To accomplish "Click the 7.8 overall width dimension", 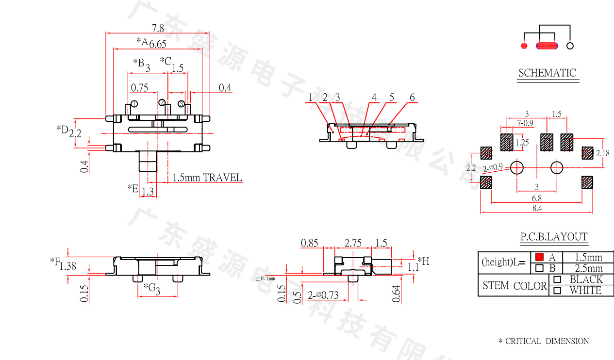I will coord(158,28).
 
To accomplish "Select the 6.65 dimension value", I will coord(158,44).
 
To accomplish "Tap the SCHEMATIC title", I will coord(547,73).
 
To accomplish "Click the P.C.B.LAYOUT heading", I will coord(554,237).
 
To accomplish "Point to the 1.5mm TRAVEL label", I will coord(207,178).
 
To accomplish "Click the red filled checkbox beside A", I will coord(539,257).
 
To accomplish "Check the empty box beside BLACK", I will coord(557,279).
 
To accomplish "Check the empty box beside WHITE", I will coord(557,291).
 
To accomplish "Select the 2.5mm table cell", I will coord(588,268).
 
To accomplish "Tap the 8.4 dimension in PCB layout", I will coord(536,208).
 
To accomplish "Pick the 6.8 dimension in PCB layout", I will coord(536,198).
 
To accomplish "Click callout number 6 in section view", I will coord(412,98).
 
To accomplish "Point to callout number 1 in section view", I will coord(310,98).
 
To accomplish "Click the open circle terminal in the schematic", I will coord(570,46).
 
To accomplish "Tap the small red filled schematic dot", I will coord(524,46).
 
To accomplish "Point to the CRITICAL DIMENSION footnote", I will coord(543,341).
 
